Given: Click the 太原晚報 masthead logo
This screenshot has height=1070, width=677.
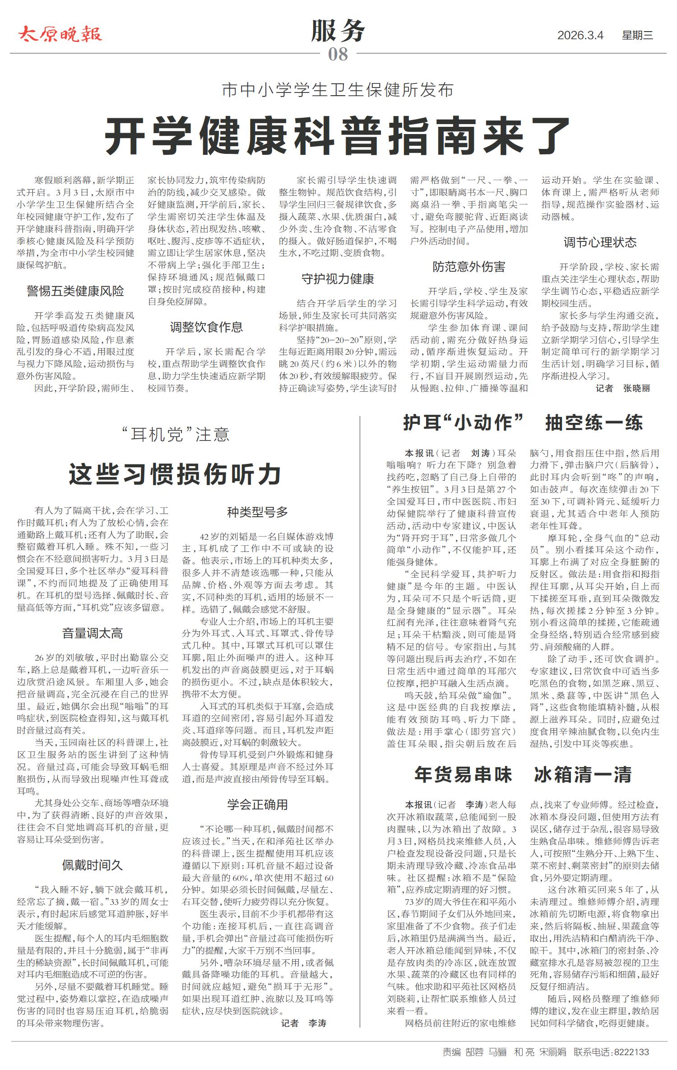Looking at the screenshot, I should (60, 34).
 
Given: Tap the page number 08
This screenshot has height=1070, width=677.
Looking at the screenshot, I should (338, 55).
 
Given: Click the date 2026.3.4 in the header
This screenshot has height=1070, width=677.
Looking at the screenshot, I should (580, 35).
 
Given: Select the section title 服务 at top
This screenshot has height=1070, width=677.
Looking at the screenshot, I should (338, 32).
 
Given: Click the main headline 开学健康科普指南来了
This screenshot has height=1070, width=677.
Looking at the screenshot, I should (338, 135).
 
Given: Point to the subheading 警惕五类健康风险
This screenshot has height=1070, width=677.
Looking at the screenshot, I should (75, 292).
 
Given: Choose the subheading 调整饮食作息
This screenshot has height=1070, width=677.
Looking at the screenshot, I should (206, 327).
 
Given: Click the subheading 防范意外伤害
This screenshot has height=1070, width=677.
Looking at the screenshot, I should (469, 267).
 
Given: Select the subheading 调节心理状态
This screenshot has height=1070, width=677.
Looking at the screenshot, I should (600, 243).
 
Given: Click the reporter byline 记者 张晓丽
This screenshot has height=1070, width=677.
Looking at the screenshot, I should (623, 389).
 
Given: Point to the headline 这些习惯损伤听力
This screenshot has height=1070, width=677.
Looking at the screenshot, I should (175, 474).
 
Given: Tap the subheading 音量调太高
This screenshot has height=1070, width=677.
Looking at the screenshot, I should (93, 634).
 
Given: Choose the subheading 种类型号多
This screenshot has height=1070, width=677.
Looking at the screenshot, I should (257, 512).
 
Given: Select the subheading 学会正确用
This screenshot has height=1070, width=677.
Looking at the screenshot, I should (257, 805).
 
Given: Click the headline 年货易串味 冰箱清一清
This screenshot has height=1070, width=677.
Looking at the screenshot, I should (523, 775).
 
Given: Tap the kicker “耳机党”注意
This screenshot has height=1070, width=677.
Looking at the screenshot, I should (175, 435).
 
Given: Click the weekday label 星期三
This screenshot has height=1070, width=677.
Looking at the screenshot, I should (637, 35).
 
